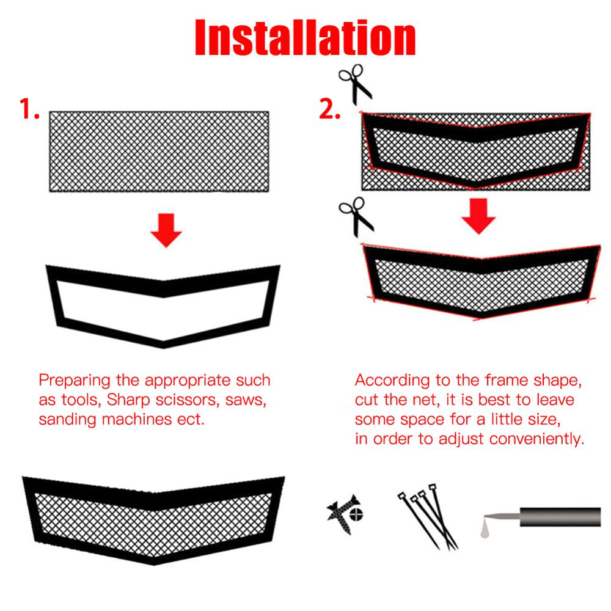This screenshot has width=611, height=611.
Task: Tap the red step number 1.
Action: (29, 110)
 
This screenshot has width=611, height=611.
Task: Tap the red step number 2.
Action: (330, 110)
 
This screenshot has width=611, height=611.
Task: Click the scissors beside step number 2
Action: (354, 83)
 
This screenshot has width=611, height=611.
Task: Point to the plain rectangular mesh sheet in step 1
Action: (159, 152)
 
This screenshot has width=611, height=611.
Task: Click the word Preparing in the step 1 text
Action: (74, 381)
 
